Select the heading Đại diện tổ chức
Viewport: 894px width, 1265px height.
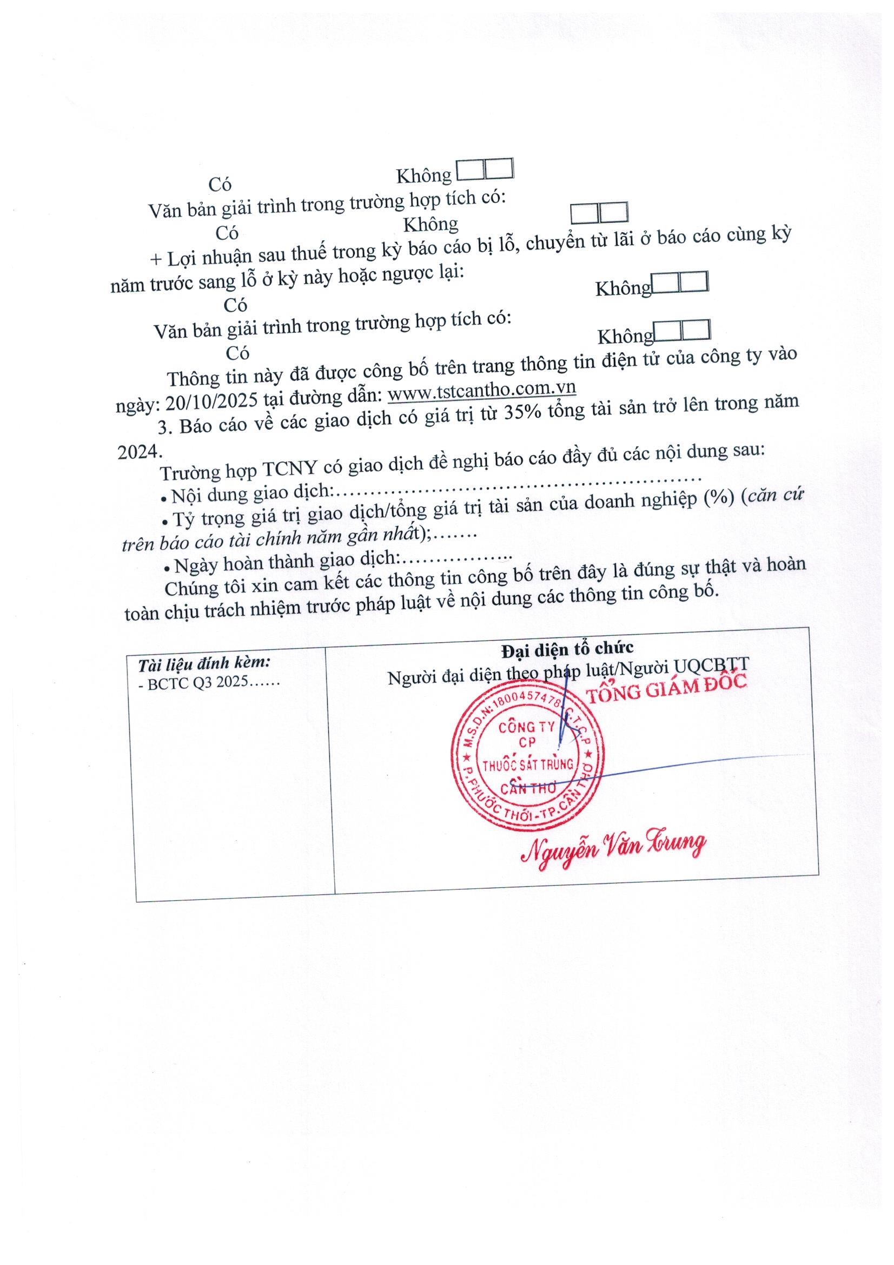click(x=567, y=649)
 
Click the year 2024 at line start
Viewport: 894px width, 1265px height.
click(x=137, y=451)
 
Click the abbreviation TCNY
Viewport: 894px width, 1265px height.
click(x=290, y=470)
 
